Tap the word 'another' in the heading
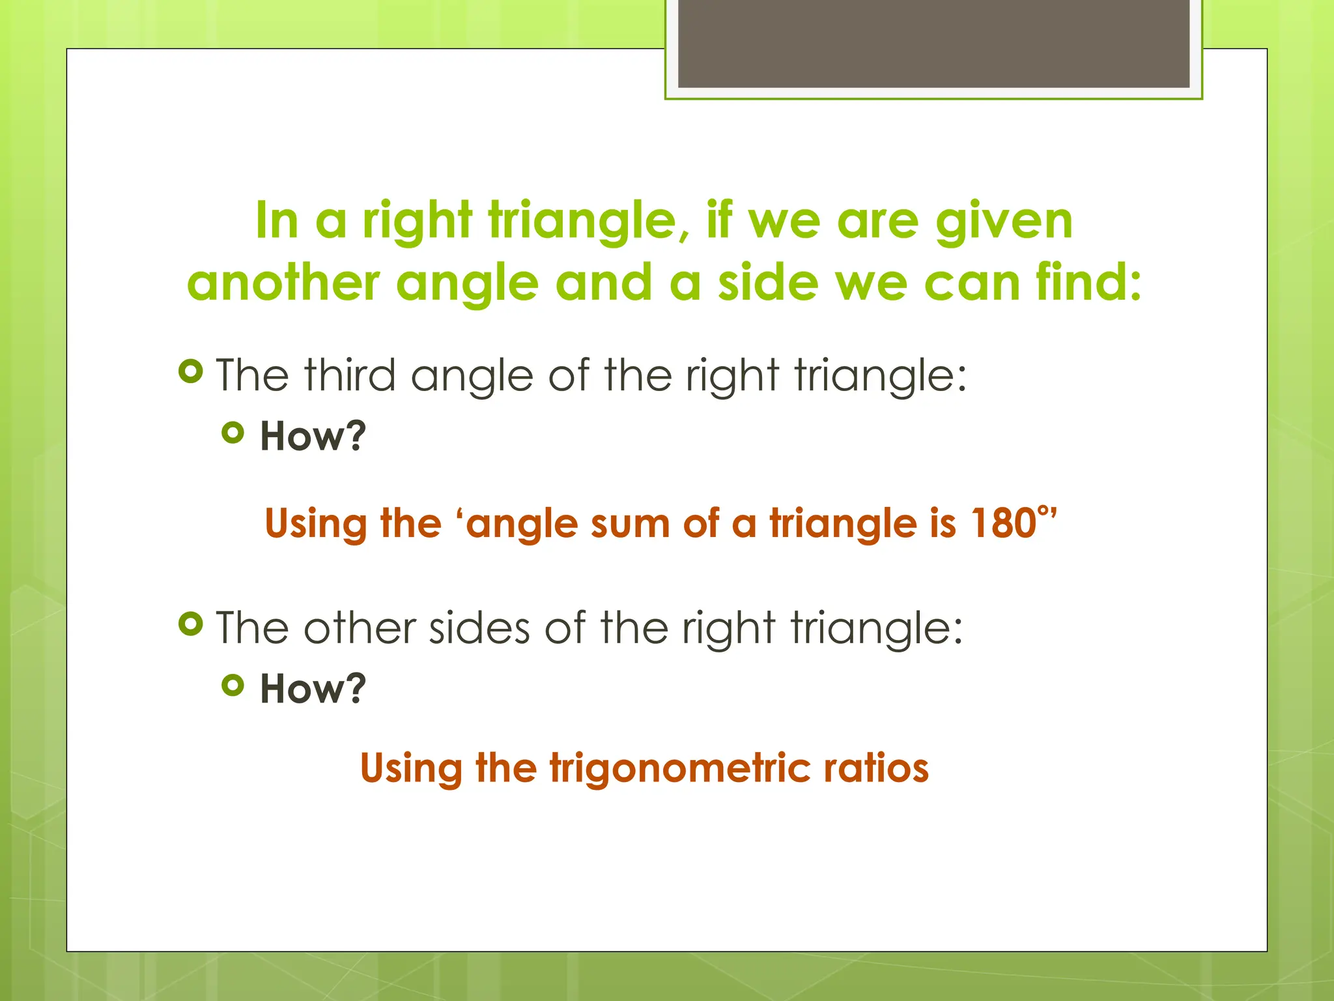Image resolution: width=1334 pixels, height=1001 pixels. pos(283,283)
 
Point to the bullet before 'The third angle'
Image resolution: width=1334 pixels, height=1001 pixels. pos(190,372)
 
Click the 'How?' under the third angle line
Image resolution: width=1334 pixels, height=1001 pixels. pos(313,436)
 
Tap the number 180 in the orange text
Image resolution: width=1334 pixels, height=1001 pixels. pos(1003,523)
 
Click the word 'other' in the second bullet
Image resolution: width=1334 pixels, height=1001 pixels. pos(360,628)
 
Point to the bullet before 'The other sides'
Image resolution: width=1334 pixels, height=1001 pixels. pos(190,624)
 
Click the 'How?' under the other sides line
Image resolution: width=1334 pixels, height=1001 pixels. pos(313,689)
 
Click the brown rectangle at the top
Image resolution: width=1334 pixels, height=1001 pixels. pos(933,44)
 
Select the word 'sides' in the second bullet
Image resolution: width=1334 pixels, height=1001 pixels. pos(479,628)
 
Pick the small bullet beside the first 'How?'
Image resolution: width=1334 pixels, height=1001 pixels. pos(233,433)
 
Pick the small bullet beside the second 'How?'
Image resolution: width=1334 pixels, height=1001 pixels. pos(233,685)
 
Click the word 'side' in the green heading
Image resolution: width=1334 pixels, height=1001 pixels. pos(768,283)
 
